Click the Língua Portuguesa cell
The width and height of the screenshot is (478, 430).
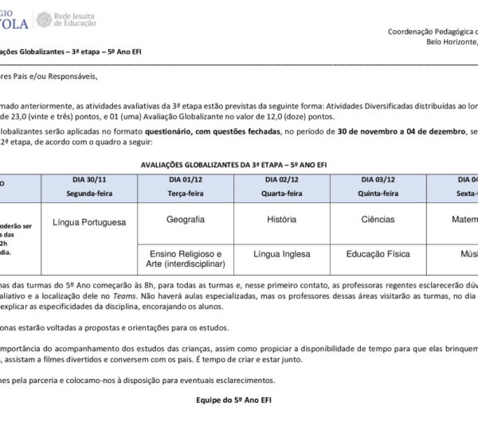pyautogui.click(x=89, y=222)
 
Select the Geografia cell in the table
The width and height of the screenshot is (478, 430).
pyautogui.click(x=186, y=219)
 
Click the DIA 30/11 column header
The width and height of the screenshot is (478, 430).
pyautogui.click(x=89, y=181)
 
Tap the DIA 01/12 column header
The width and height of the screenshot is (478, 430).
pyautogui.click(x=186, y=181)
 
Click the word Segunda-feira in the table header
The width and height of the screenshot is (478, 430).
pyautogui.click(x=89, y=193)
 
